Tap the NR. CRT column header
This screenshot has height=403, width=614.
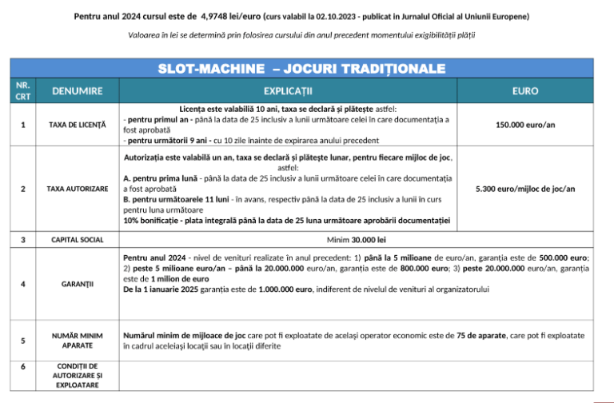coord(22,90)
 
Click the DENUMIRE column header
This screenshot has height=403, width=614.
coord(77,90)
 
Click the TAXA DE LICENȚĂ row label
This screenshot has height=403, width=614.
coord(77,125)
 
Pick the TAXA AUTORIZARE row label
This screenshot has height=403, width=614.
coord(77,189)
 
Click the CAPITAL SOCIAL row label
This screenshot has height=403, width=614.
coord(77,239)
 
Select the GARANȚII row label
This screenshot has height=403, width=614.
coord(77,284)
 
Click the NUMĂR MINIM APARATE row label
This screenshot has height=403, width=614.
coord(77,340)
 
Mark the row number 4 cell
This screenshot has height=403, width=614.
coord(22,284)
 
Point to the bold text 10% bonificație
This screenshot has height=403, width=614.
coord(156,221)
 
